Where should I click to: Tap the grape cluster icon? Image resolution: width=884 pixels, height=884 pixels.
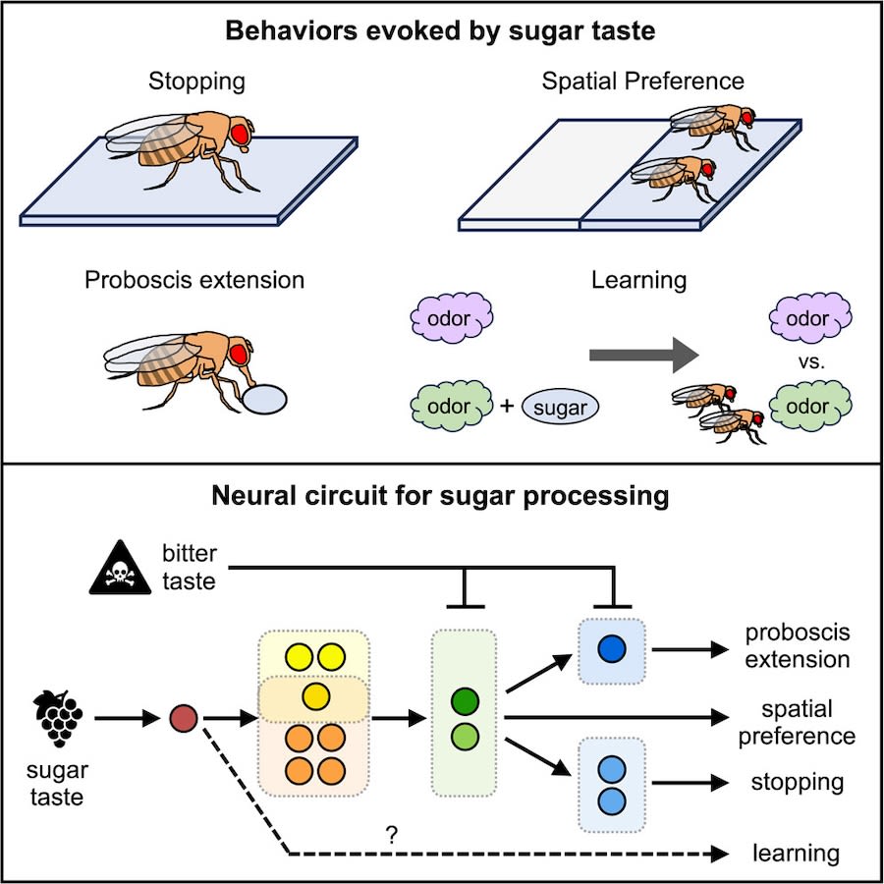coord(60,719)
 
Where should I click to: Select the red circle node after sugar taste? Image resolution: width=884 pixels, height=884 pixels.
coord(184,719)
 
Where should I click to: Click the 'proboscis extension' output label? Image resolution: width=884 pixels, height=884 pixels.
coord(798,646)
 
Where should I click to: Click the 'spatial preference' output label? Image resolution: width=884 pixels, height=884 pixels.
coord(807,722)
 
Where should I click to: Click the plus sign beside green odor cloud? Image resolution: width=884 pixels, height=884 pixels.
coord(508,404)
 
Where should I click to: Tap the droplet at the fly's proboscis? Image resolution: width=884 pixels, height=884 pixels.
coord(264,401)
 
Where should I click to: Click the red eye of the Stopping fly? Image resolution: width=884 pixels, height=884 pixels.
coord(239,133)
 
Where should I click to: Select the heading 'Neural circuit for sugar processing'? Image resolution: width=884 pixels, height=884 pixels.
coord(441,496)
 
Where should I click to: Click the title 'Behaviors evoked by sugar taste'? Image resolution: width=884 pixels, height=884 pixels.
coord(441,28)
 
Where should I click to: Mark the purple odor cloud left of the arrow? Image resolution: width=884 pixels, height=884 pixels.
coord(451,320)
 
